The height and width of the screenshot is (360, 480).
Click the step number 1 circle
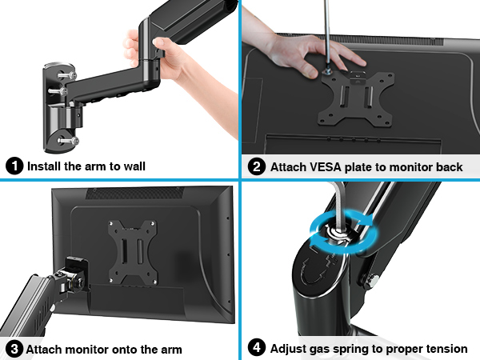click(14, 166)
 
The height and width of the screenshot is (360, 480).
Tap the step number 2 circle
click(257, 166)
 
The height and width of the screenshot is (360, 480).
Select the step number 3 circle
click(14, 349)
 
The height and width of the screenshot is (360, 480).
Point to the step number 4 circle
click(257, 349)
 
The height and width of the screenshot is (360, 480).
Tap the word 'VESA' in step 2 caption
click(326, 166)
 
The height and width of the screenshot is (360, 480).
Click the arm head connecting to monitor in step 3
click(74, 272)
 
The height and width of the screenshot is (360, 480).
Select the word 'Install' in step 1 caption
click(45, 166)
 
